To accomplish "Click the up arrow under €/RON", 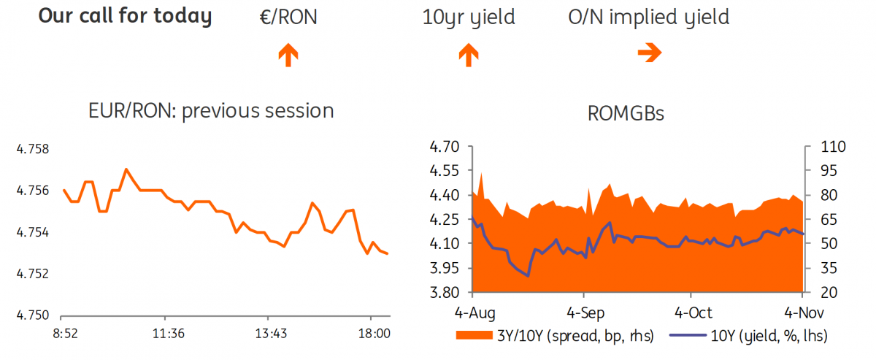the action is pyautogui.click(x=288, y=55).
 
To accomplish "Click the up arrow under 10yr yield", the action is pyautogui.click(x=469, y=55).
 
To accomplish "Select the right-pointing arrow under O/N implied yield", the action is pyautogui.click(x=650, y=53).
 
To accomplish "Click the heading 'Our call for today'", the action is pyautogui.click(x=125, y=17).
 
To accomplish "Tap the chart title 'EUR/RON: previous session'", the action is pyautogui.click(x=211, y=111).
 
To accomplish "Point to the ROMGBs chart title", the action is pyautogui.click(x=626, y=114).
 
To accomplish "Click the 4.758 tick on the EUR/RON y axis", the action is pyautogui.click(x=33, y=149).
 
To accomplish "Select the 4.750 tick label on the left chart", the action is pyautogui.click(x=33, y=315).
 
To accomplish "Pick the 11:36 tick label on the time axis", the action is pyautogui.click(x=168, y=334).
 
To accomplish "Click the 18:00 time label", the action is pyautogui.click(x=374, y=334).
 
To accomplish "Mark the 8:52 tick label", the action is pyautogui.click(x=65, y=334).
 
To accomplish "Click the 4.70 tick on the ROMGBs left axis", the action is pyautogui.click(x=445, y=147).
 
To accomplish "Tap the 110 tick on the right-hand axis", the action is pyautogui.click(x=833, y=147).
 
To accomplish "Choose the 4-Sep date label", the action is pyautogui.click(x=585, y=313).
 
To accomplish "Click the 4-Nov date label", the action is pyautogui.click(x=804, y=313).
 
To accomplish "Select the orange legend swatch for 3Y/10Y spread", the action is pyautogui.click(x=474, y=335).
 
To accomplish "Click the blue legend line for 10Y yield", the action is pyautogui.click(x=688, y=335).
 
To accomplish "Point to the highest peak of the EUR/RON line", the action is pyautogui.click(x=126, y=169).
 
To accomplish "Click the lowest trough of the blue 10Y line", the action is pyautogui.click(x=528, y=276).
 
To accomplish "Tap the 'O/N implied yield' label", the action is pyautogui.click(x=649, y=18).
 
